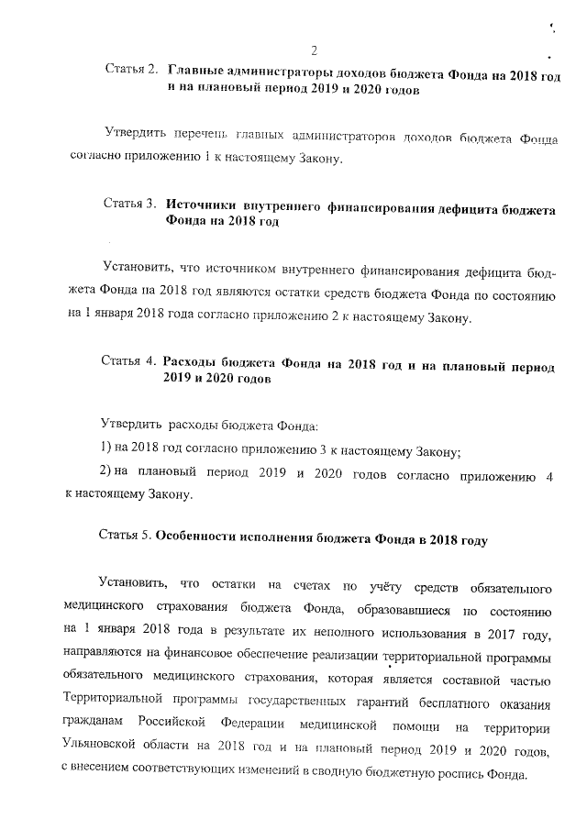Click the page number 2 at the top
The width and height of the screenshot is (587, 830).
(314, 50)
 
